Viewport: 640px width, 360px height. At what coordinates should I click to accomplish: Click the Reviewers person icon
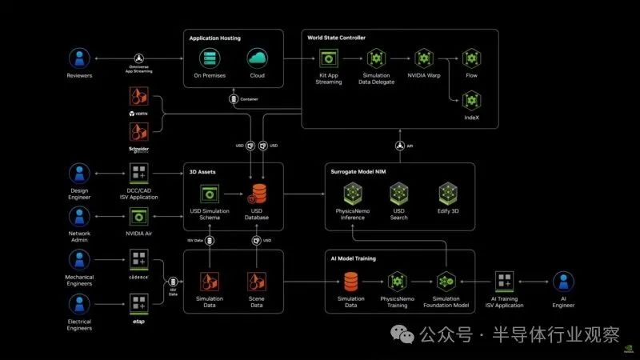pos(79,58)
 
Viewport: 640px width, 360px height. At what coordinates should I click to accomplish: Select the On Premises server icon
pos(210,58)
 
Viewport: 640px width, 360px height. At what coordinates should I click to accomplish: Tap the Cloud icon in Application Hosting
pos(256,58)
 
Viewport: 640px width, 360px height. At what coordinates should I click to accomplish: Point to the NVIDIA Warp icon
pos(424,58)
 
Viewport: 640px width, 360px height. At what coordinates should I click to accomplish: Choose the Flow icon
pos(471,58)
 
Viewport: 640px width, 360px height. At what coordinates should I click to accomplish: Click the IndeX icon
pos(471,100)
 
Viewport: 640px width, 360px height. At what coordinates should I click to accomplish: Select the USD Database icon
pos(258,194)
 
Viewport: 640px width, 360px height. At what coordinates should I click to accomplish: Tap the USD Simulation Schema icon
pos(210,194)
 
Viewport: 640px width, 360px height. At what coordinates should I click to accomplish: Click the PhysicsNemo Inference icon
pos(352,193)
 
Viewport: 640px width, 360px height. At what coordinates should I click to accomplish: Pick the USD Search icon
pos(399,193)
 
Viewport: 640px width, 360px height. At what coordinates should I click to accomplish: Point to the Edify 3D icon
pos(447,193)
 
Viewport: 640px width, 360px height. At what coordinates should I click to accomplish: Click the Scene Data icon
pos(256,282)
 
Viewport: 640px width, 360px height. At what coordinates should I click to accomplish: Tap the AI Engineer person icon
pos(564,282)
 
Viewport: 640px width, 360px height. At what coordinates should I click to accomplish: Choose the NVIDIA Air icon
pos(138,216)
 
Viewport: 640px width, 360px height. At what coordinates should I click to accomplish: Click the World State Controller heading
pos(337,38)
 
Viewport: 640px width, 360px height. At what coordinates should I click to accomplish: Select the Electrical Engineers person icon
pos(79,303)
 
